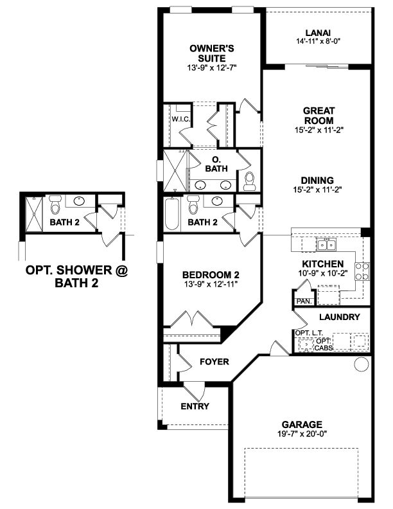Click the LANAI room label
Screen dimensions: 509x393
pyautogui.click(x=319, y=33)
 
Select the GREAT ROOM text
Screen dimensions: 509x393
pyautogui.click(x=319, y=115)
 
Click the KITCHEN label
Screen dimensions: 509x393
pyautogui.click(x=323, y=263)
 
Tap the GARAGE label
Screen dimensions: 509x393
pyautogui.click(x=301, y=424)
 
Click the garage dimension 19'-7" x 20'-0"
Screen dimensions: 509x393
pyautogui.click(x=301, y=434)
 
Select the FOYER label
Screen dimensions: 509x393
pyautogui.click(x=214, y=362)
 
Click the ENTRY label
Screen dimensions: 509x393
pyautogui.click(x=195, y=406)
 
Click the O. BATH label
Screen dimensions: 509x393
pyautogui.click(x=216, y=164)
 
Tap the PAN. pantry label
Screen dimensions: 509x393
pyautogui.click(x=302, y=301)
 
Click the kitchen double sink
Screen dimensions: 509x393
pyautogui.click(x=326, y=244)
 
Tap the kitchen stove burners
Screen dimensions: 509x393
pyautogui.click(x=362, y=271)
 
